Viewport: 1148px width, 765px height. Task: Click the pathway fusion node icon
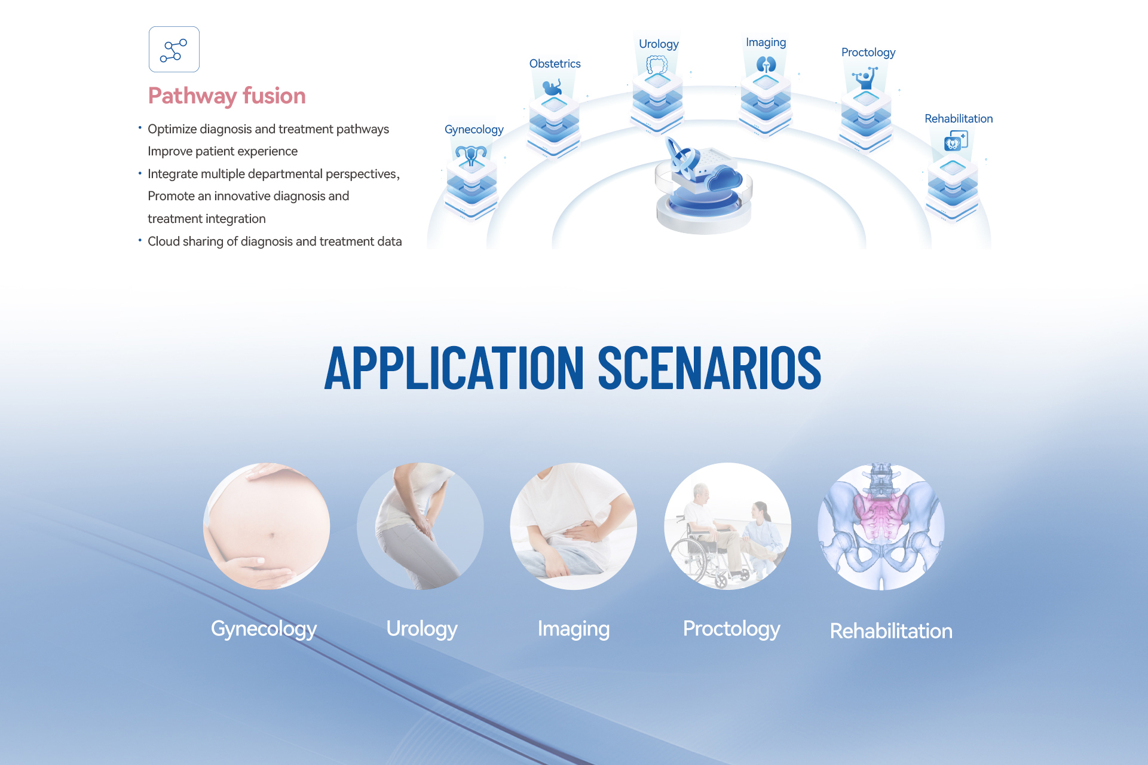[174, 50]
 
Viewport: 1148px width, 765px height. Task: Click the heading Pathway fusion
[226, 96]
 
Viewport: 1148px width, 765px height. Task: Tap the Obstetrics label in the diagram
[555, 64]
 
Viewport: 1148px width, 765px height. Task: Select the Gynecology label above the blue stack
[474, 130]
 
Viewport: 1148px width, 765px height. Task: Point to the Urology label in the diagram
[659, 44]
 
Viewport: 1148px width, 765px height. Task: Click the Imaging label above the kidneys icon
[766, 42]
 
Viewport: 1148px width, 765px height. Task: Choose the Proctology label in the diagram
[868, 53]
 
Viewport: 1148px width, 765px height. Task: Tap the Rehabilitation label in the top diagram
[959, 119]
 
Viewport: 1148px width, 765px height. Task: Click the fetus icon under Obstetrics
[552, 88]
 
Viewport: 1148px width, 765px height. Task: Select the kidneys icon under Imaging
[766, 65]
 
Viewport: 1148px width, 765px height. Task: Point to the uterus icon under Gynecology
[471, 155]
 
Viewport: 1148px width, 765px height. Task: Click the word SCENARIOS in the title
[709, 368]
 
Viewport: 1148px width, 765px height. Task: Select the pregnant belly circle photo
[267, 526]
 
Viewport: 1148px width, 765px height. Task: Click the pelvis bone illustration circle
[881, 526]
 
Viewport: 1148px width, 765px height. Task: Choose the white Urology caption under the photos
[422, 629]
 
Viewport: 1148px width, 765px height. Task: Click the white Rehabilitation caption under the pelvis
[891, 631]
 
